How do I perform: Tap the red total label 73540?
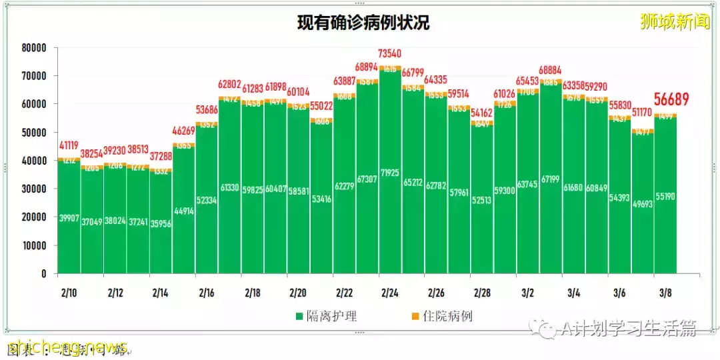(389, 53)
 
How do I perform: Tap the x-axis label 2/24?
(390, 293)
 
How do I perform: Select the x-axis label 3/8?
(665, 293)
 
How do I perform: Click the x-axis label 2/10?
(69, 293)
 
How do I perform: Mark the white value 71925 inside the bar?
(390, 191)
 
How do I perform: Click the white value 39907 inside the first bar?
(69, 217)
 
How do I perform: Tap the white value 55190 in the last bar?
(665, 197)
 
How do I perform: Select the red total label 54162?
(481, 113)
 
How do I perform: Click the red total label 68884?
(551, 69)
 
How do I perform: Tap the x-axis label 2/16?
(207, 293)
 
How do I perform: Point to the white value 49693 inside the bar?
(643, 205)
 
